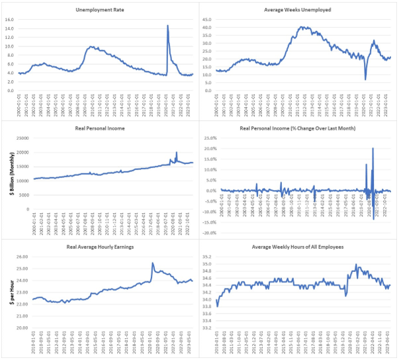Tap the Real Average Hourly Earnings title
coord(99,246)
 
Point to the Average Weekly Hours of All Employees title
coord(298,246)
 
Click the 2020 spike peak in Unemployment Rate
coord(167,26)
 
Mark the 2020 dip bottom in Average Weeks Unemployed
coord(365,80)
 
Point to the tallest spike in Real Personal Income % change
coord(373,148)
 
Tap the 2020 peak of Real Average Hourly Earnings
coord(153,263)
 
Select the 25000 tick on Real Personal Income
coord(21,138)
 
